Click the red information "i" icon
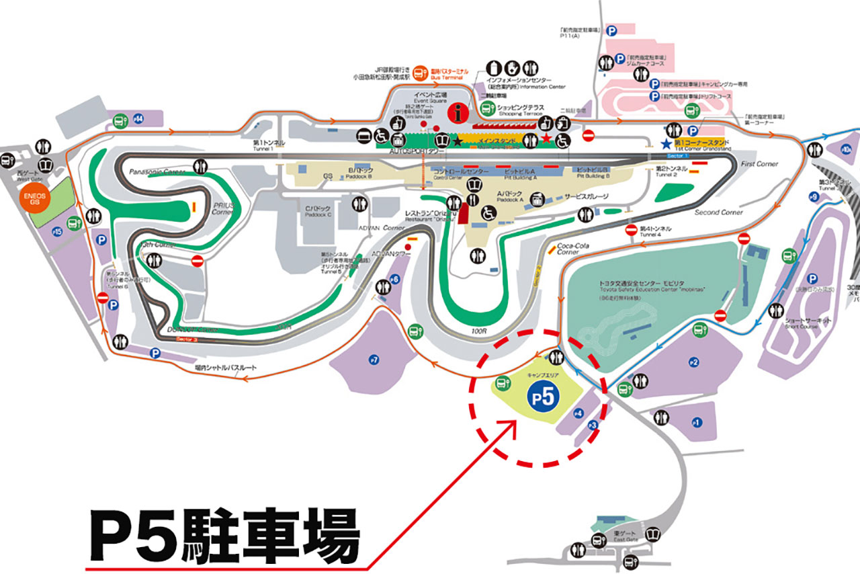(460, 114)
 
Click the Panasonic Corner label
(157, 172)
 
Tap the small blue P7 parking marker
(374, 360)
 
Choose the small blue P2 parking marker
(694, 363)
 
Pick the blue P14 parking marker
(138, 118)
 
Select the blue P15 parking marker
(57, 232)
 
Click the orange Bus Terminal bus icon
(421, 71)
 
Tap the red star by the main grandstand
(546, 139)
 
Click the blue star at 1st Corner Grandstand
(666, 143)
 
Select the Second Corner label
(718, 212)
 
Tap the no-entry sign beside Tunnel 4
(631, 230)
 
